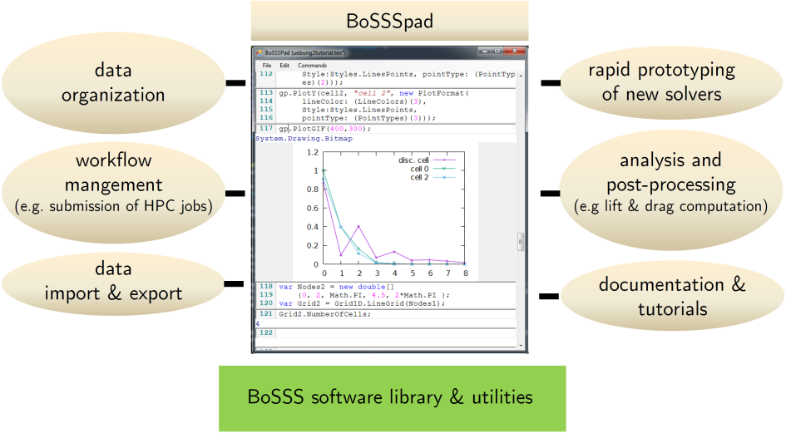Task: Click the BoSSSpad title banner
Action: pos(389,21)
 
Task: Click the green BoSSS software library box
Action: pos(392,398)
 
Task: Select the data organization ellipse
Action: pos(113,82)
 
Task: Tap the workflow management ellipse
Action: pos(113,192)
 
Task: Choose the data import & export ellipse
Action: pos(113,283)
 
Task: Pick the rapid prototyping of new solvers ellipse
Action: pos(671,82)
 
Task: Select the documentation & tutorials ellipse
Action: pos(672,296)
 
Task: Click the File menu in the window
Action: pos(267,65)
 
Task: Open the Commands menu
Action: pos(312,65)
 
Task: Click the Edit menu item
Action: pos(284,65)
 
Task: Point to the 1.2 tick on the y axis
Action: pos(312,152)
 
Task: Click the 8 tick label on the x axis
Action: pos(466,273)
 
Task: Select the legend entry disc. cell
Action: pos(413,160)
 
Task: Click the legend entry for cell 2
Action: pos(419,177)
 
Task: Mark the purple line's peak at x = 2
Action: pos(359,226)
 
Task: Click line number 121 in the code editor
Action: pos(266,314)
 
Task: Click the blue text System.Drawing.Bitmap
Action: pos(304,138)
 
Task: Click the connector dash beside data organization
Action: pos(235,82)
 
